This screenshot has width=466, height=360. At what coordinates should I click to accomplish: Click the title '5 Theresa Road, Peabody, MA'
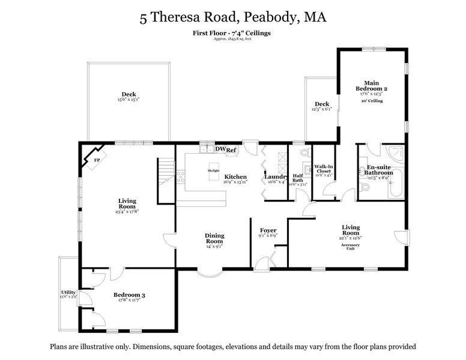pyautogui.click(x=233, y=17)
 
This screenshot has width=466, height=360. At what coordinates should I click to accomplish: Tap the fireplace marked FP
pyautogui.click(x=96, y=160)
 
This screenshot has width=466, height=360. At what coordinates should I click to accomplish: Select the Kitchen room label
pyautogui.click(x=235, y=176)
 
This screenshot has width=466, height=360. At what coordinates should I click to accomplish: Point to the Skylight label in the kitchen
pyautogui.click(x=214, y=170)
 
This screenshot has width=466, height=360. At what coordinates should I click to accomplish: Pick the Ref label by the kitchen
pyautogui.click(x=232, y=151)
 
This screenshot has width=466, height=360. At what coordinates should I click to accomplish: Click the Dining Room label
pyautogui.click(x=214, y=239)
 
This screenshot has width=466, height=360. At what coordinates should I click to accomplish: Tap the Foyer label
pyautogui.click(x=268, y=230)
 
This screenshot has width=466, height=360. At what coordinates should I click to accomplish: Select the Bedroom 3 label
pyautogui.click(x=129, y=295)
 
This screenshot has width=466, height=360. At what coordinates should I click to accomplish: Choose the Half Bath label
pyautogui.click(x=298, y=178)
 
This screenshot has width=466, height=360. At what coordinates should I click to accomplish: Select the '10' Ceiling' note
pyautogui.click(x=372, y=101)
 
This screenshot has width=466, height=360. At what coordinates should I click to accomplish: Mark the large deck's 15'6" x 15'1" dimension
pyautogui.click(x=129, y=100)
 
